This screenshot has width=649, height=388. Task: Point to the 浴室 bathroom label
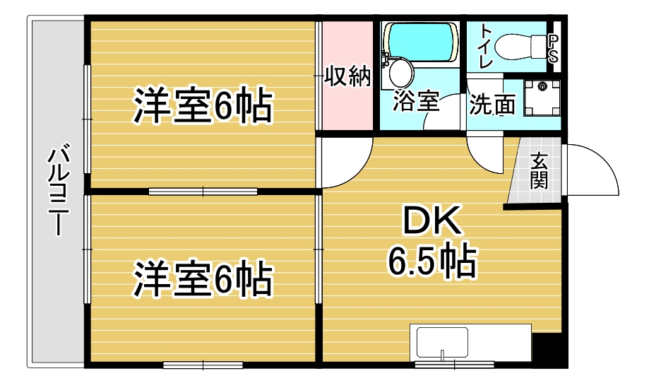416,102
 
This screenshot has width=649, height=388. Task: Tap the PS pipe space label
554,49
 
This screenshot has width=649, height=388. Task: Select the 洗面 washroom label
492,105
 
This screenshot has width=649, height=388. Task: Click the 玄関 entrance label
539,171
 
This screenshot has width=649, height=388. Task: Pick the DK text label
431,221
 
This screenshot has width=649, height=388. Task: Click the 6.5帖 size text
431,261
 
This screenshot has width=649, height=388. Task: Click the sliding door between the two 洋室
203,191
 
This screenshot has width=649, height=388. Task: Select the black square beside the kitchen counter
548,350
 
